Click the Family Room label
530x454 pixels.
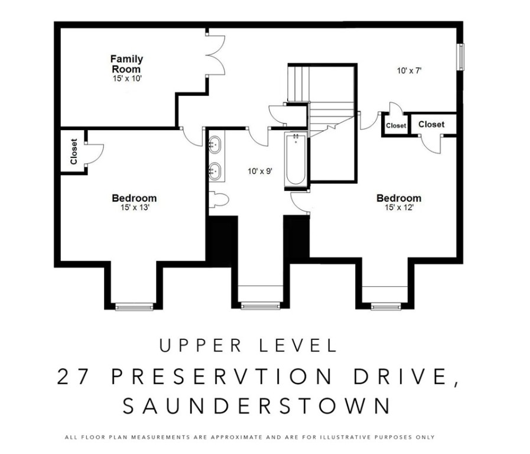click(x=126, y=64)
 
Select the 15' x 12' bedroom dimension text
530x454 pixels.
click(x=399, y=207)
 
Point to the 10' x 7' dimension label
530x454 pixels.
click(x=408, y=70)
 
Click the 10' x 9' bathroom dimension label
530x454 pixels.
click(x=259, y=172)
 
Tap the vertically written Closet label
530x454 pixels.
click(x=74, y=151)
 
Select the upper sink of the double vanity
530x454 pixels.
click(x=214, y=143)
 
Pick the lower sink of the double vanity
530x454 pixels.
click(x=214, y=171)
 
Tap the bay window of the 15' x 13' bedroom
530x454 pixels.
click(x=134, y=306)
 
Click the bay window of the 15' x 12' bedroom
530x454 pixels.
click(x=384, y=306)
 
